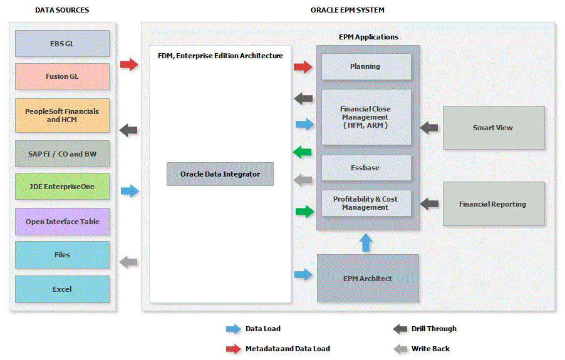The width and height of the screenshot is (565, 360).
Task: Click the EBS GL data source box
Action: (x=62, y=44)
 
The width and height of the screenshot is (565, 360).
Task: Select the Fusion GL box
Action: (x=62, y=76)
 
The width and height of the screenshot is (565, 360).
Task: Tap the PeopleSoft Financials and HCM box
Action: (x=62, y=115)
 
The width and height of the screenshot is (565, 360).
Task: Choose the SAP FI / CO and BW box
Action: (x=62, y=153)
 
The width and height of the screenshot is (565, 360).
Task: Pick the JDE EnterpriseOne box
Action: (x=62, y=187)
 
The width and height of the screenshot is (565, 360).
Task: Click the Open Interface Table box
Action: (x=62, y=222)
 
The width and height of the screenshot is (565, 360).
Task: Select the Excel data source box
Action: (x=62, y=289)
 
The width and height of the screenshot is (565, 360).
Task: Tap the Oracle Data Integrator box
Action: (x=220, y=173)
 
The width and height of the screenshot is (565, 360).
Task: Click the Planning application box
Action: (x=366, y=66)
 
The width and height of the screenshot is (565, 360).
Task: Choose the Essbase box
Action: (x=366, y=168)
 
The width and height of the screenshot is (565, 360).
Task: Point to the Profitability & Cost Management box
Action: (x=366, y=203)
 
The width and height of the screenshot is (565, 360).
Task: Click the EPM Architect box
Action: (x=368, y=278)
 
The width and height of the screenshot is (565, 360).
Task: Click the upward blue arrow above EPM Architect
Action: (x=366, y=242)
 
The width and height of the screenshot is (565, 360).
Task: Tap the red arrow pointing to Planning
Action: (x=303, y=66)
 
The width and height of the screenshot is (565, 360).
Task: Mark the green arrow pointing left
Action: (x=303, y=152)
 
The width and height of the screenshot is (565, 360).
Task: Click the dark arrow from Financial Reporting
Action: (x=429, y=203)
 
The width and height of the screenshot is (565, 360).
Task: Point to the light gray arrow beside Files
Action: (x=128, y=262)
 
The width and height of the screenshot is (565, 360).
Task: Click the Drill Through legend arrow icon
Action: (x=400, y=329)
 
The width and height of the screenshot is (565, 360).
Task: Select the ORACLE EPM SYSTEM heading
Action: (x=348, y=10)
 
